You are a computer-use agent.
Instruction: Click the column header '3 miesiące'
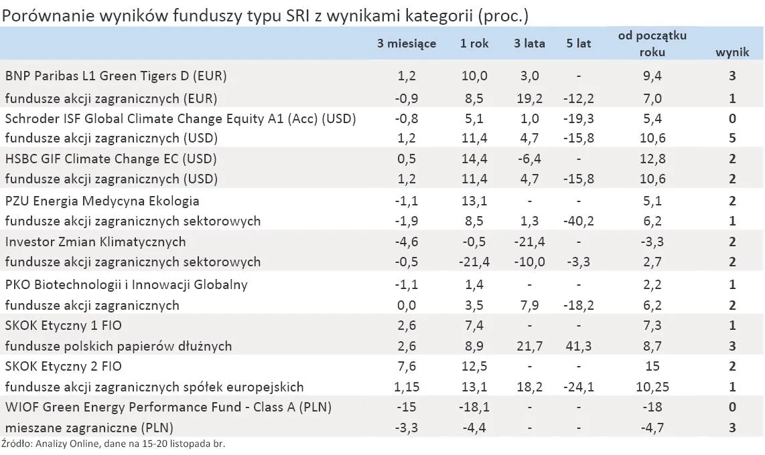[x=407, y=43]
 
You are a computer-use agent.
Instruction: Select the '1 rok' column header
[x=474, y=43]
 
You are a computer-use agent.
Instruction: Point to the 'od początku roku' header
[x=652, y=43]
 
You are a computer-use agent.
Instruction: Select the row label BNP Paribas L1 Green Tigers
[x=116, y=76]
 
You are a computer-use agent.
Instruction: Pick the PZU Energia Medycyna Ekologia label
[x=102, y=201]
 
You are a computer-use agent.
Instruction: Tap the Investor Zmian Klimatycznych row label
[x=95, y=242]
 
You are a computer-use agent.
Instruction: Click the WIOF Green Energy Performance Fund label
[x=168, y=407]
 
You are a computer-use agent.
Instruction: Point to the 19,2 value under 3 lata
[x=529, y=98]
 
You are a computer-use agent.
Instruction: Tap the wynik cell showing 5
[x=732, y=139]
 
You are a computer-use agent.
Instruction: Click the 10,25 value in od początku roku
[x=652, y=387]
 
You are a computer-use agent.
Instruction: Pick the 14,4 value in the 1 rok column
[x=474, y=159]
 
